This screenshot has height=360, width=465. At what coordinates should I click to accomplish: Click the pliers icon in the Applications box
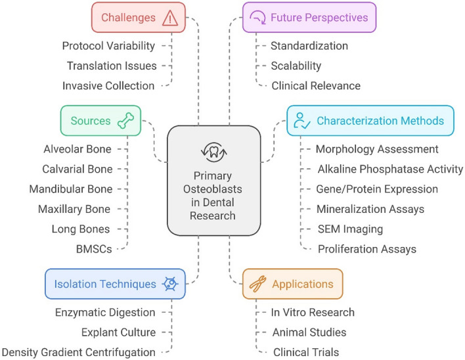258,284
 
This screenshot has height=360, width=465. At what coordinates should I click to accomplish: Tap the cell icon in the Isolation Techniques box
170,284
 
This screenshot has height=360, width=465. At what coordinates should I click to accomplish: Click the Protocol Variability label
109,46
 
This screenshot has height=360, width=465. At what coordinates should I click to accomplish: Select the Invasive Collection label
109,85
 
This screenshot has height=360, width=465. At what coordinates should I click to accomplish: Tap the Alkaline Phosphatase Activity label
389,169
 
